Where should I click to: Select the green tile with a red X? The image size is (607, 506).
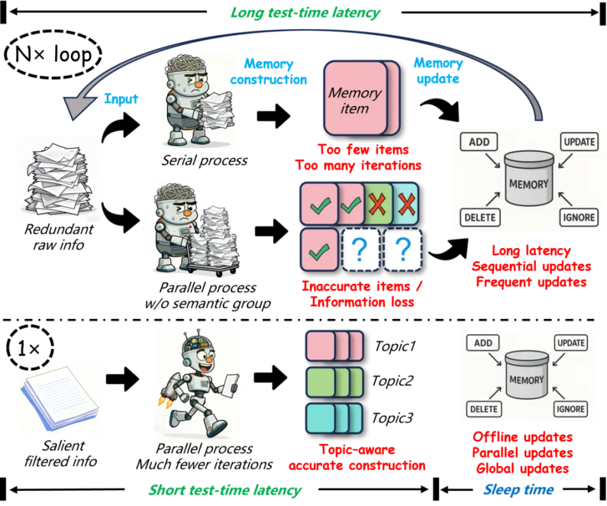pyautogui.click(x=377, y=204)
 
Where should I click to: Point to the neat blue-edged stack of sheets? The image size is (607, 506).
pyautogui.click(x=60, y=390)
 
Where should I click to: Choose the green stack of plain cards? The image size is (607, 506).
pyautogui.click(x=334, y=382)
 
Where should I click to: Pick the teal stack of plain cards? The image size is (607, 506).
pyautogui.click(x=334, y=418)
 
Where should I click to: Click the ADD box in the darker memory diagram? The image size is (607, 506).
pyautogui.click(x=479, y=142)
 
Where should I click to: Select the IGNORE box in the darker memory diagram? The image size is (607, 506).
pyautogui.click(x=578, y=217)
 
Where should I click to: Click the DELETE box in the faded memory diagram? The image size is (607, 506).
pyautogui.click(x=484, y=409)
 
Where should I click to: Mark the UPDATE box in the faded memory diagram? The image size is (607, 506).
pyautogui.click(x=571, y=343)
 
